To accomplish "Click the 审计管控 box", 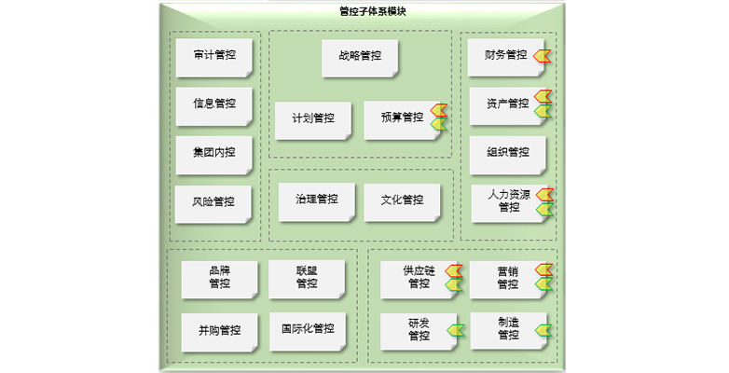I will [x=213, y=56].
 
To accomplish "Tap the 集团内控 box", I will [x=213, y=153].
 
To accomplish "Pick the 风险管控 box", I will [x=213, y=202].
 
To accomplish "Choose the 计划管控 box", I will [x=312, y=119].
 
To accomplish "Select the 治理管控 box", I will [x=316, y=200].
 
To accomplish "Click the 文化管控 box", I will [x=402, y=200].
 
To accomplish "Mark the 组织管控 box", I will [x=507, y=153].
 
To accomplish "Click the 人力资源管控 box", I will [x=508, y=201].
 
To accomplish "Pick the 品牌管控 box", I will [x=219, y=277].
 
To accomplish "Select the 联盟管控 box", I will [x=307, y=277].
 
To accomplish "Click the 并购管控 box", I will [x=219, y=330].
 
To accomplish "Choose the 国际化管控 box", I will [x=307, y=330].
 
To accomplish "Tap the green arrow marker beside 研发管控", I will [x=455, y=329].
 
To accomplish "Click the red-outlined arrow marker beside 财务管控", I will [x=543, y=56].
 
